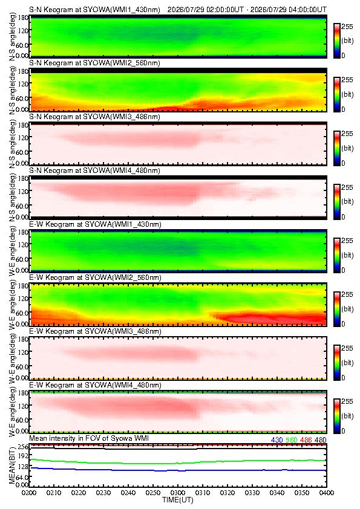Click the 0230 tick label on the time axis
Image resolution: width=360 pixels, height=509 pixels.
tap(103, 493)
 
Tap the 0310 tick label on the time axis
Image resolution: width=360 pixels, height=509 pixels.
tap(203, 493)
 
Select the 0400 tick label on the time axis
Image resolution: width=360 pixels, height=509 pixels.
tap(327, 493)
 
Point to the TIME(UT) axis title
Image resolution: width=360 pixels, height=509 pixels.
tap(178, 500)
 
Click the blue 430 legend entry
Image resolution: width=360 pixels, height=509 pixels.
tap(277, 440)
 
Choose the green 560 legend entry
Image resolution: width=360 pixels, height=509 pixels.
tap(292, 440)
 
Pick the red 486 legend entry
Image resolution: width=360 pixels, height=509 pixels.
tap(306, 440)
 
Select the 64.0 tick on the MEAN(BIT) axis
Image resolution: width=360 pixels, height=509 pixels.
tap(22, 477)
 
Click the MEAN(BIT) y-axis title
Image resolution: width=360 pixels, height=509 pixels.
tap(12, 465)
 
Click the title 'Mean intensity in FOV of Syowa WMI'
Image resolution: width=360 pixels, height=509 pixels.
tap(89, 438)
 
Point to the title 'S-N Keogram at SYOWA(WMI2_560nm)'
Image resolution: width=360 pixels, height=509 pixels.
tap(94, 63)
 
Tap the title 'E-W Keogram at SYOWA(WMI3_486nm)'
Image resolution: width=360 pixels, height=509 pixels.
tap(95, 331)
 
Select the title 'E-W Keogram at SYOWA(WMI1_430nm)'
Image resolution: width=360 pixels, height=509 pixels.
tap(95, 224)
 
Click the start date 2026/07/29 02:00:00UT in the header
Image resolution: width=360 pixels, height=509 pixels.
tap(205, 10)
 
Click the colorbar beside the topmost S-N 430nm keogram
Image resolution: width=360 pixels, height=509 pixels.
tap(336, 41)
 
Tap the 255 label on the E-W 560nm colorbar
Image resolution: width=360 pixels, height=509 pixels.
tap(347, 295)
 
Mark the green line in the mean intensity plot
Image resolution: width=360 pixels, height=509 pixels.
tap(178, 462)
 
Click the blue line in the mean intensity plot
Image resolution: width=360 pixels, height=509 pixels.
tap(178, 470)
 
